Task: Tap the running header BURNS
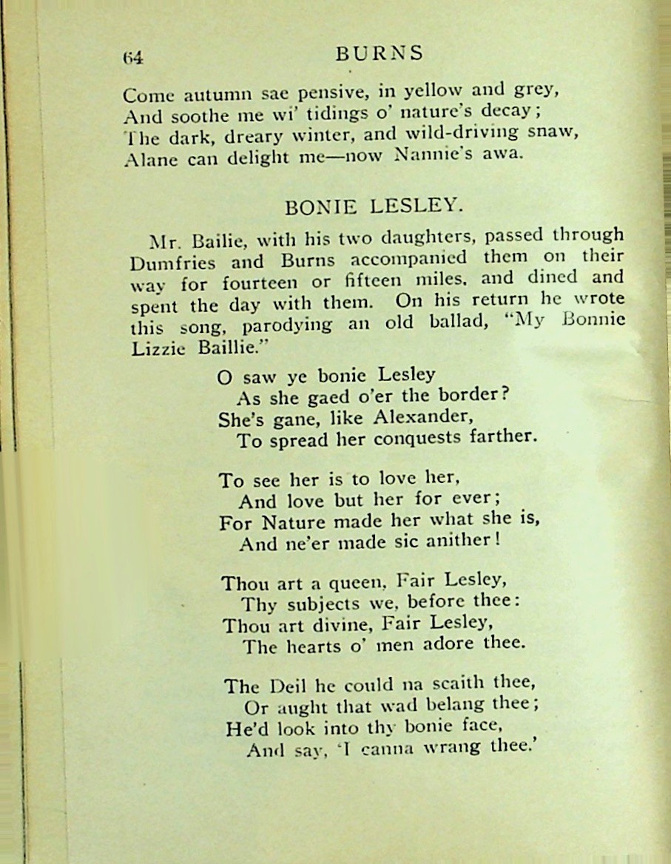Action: (x=380, y=53)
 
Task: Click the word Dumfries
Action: (x=172, y=263)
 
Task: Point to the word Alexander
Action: (x=422, y=416)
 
